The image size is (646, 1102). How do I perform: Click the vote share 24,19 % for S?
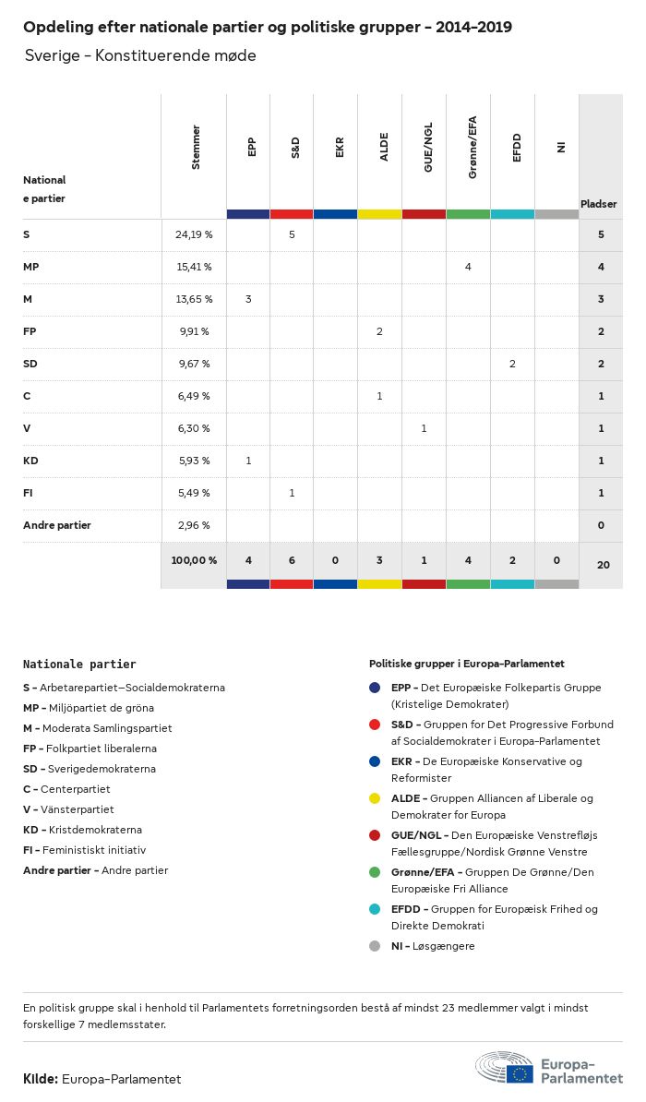click(x=194, y=234)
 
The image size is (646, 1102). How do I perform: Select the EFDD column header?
click(x=517, y=149)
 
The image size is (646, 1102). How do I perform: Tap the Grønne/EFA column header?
click(x=473, y=149)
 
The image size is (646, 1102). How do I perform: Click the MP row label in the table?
click(x=30, y=267)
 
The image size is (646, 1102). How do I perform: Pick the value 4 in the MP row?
click(x=468, y=267)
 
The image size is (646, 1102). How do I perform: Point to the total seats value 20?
click(x=603, y=563)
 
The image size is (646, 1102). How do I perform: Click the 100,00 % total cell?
click(x=194, y=560)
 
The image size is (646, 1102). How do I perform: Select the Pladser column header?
click(x=598, y=203)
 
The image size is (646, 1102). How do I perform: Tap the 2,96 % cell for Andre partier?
click(x=194, y=525)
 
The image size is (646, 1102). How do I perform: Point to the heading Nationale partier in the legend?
click(x=79, y=664)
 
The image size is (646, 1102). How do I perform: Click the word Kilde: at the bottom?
click(x=41, y=1079)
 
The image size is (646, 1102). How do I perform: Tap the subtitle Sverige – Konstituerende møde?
click(x=140, y=56)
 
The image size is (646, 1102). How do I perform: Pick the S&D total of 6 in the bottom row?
click(x=292, y=560)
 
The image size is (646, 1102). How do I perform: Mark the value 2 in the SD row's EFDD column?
click(x=512, y=364)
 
